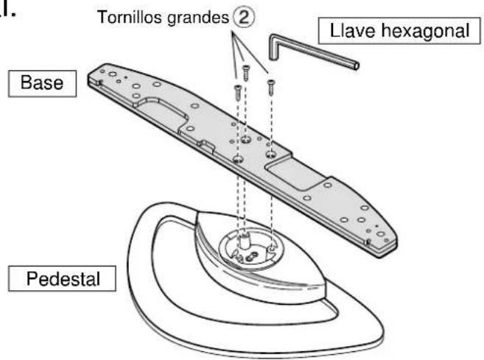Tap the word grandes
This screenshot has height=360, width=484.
click(198, 18)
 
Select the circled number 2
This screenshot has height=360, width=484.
click(244, 18)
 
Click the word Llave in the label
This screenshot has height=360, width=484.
click(354, 31)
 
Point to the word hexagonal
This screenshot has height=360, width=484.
click(425, 32)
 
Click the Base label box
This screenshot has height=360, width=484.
click(42, 84)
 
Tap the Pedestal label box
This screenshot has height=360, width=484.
click(62, 278)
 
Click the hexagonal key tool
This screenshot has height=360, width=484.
click(312, 52)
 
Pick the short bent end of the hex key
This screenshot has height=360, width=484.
click(274, 47)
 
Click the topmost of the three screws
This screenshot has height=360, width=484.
click(246, 73)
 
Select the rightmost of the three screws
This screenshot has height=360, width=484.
click(271, 88)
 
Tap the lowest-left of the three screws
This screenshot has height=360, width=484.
click(238, 92)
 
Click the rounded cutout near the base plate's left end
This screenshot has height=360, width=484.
click(161, 112)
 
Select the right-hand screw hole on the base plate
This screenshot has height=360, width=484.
click(270, 154)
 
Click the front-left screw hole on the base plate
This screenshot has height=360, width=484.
click(238, 159)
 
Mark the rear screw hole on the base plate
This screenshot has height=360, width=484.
click(246, 140)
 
